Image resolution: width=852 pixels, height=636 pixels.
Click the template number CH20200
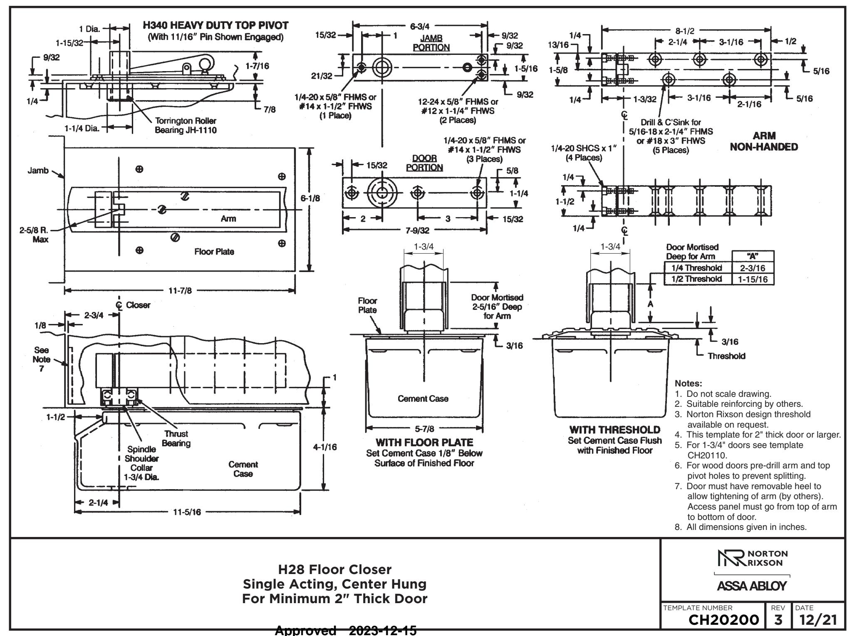tap(724, 620)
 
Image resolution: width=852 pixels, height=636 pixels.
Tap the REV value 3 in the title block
tap(778, 620)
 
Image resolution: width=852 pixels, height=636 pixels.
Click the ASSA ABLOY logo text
tap(752, 586)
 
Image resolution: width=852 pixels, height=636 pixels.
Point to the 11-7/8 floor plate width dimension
tap(180, 291)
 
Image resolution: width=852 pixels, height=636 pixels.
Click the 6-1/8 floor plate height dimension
tap(310, 198)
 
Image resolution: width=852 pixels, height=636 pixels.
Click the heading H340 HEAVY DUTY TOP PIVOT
tap(215, 26)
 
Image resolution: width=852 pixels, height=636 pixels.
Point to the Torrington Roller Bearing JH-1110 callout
tap(186, 125)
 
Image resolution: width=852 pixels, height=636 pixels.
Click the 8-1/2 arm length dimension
tap(687, 30)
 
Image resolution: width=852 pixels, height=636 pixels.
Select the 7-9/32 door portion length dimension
tap(417, 230)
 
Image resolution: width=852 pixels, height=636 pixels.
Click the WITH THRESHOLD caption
tap(614, 429)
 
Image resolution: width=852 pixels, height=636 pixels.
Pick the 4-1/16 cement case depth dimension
tap(325, 447)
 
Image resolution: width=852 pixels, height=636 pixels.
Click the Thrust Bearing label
tap(176, 438)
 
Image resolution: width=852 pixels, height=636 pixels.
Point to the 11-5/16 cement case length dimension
tap(187, 512)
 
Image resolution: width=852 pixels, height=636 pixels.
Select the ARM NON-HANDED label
tap(764, 141)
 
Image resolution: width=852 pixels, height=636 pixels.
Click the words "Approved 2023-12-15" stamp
tap(346, 631)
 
